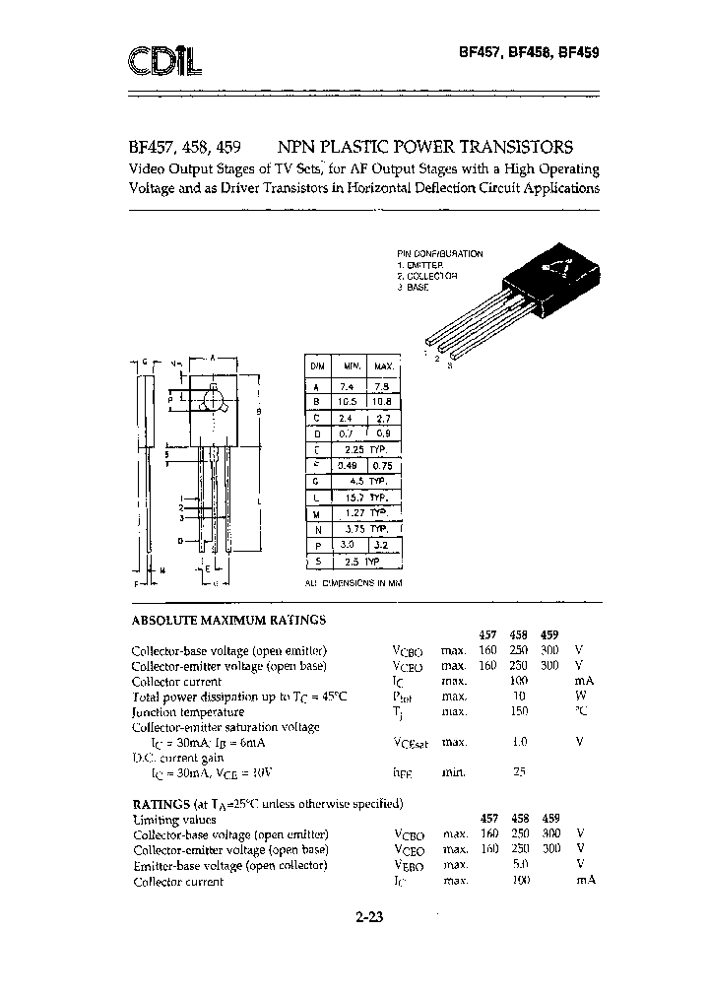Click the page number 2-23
pos(369,918)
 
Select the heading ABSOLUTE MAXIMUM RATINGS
pos(228,621)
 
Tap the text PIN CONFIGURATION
pos(440,253)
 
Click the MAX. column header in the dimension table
pos(384,366)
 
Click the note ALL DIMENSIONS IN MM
pos(354,584)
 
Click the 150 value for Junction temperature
pos(520,711)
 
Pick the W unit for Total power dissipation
pos(580,697)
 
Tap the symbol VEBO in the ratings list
pos(408,865)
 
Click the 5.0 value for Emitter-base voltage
pos(520,865)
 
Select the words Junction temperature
pos(187,711)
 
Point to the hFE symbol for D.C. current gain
pos(406,772)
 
